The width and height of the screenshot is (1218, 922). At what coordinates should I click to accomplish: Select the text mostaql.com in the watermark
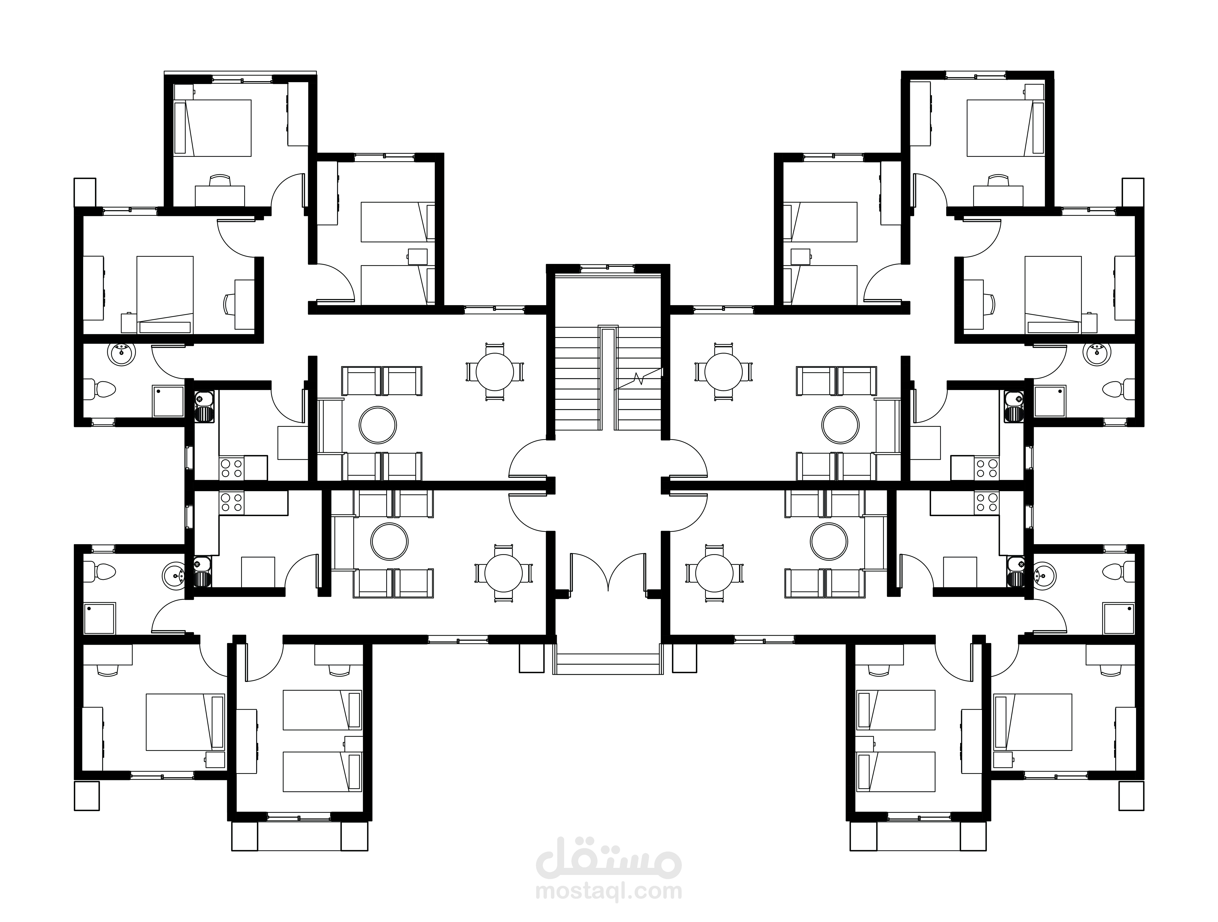pos(608,891)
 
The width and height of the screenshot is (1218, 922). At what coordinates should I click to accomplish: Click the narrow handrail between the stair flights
pos(608,378)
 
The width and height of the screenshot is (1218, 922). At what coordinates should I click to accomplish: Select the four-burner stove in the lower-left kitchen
pos(231,502)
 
